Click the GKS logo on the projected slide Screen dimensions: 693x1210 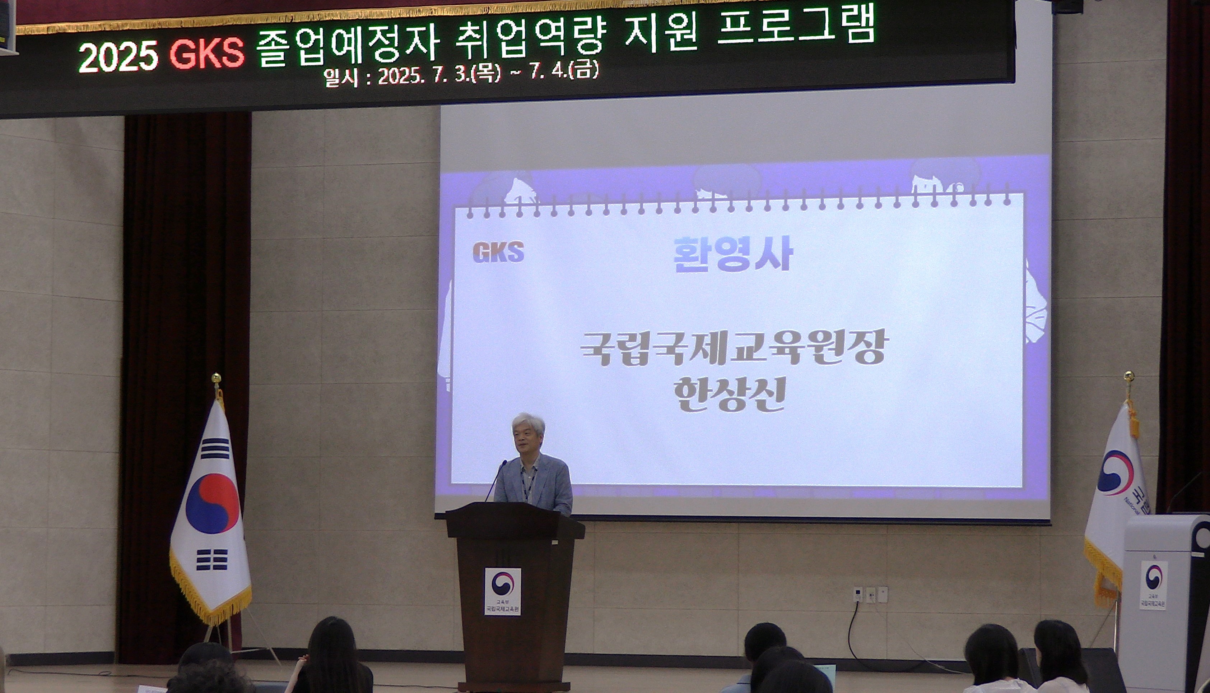[498, 252]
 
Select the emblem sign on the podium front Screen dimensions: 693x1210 [503, 591]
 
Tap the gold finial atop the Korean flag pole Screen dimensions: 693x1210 [217, 378]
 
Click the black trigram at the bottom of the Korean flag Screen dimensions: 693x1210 [211, 559]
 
